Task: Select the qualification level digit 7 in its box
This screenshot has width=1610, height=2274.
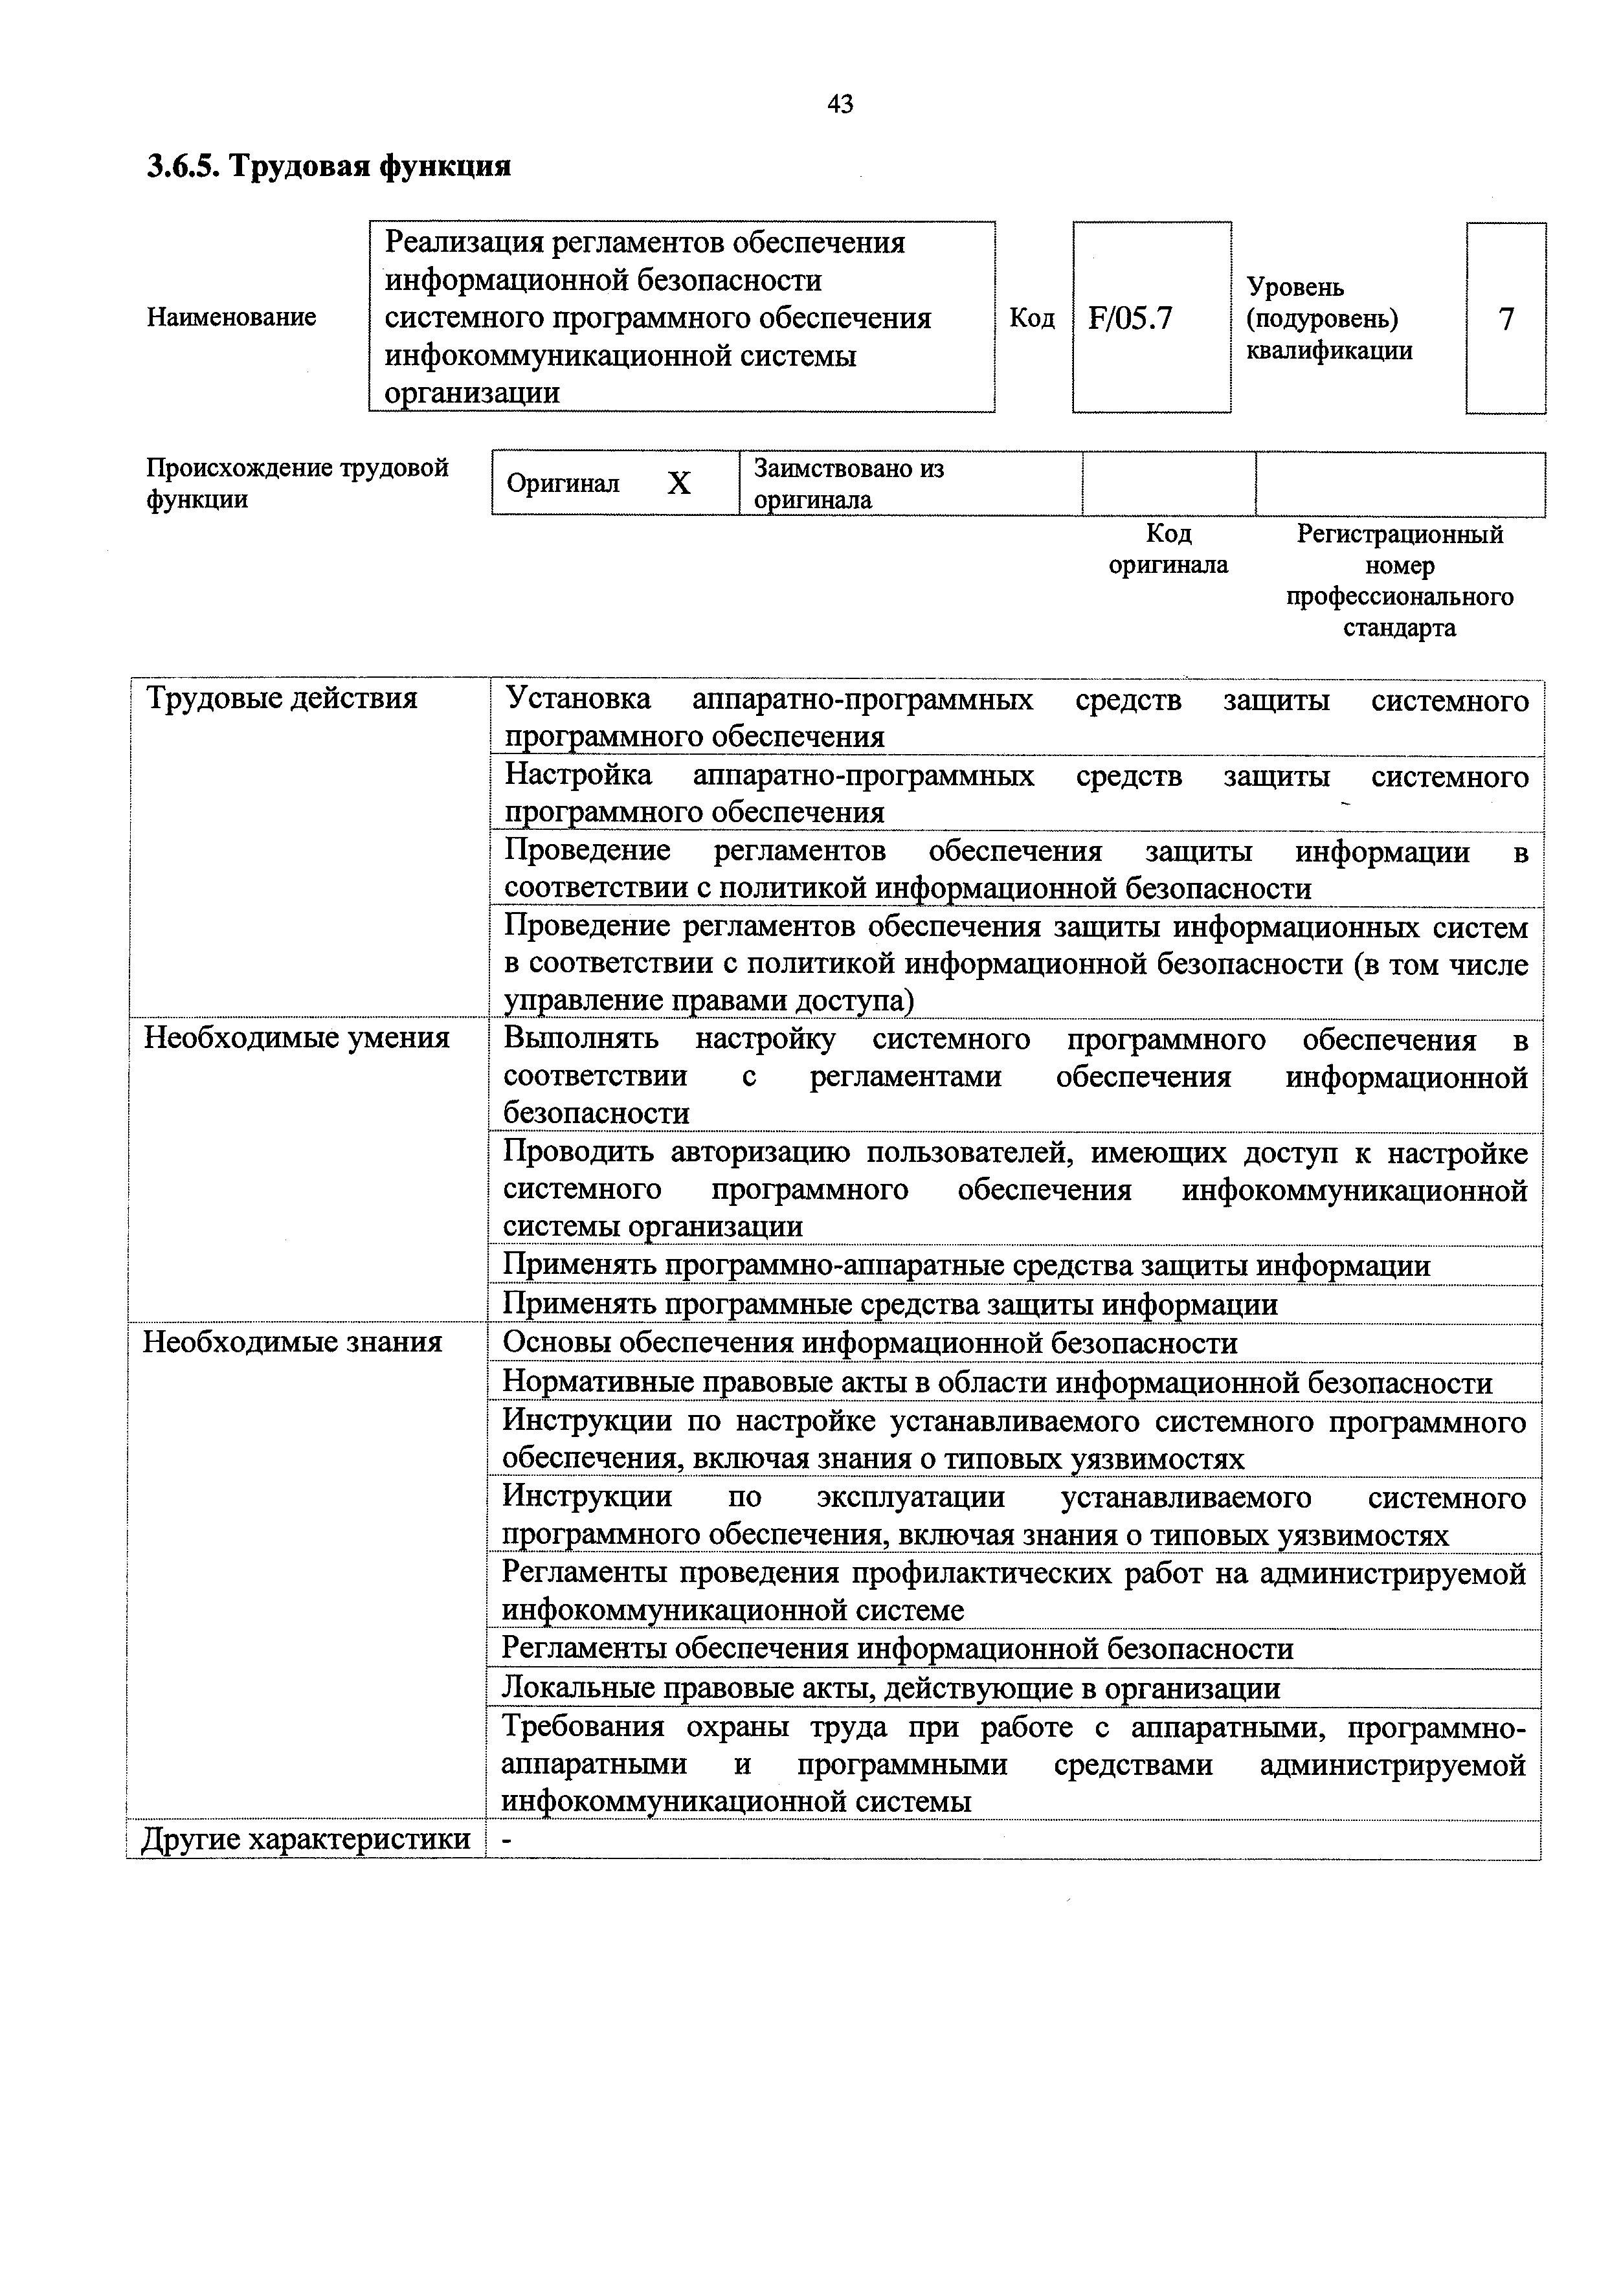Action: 1506,319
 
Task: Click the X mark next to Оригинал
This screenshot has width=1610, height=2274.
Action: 679,484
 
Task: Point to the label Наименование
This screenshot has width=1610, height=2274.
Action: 231,317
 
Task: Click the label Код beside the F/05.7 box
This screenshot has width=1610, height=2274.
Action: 1032,318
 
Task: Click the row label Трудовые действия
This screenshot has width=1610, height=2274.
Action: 282,699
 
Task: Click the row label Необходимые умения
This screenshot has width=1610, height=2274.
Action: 296,1038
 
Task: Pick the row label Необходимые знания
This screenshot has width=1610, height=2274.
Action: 293,1342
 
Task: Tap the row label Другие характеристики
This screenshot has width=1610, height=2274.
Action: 306,1840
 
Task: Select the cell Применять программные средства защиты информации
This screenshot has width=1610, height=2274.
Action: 890,1304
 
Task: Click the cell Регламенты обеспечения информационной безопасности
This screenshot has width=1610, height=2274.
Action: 897,1649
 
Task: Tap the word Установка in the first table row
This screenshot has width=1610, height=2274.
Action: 578,700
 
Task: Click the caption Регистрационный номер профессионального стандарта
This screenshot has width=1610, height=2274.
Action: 1399,581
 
